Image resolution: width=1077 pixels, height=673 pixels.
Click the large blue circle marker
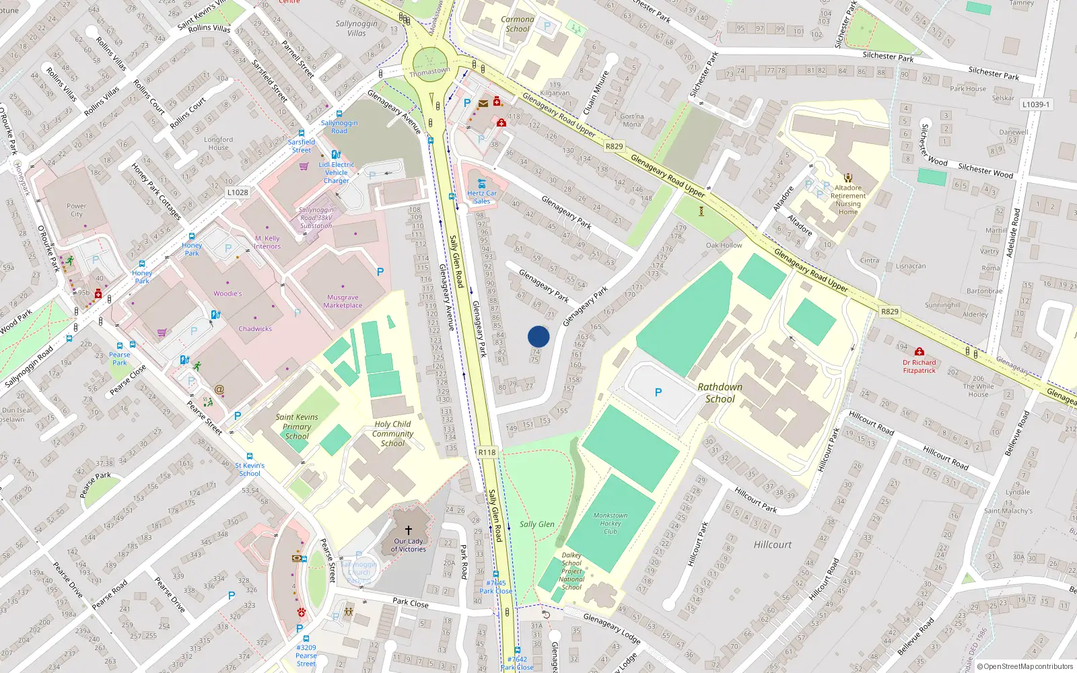(x=538, y=336)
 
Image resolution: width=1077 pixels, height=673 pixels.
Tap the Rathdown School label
(x=720, y=392)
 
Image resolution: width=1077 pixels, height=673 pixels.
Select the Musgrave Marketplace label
(x=343, y=302)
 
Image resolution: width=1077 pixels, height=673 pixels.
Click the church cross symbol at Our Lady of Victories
(x=408, y=530)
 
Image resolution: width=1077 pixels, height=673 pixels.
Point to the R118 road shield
(x=487, y=452)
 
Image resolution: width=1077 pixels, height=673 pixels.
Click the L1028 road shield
(x=238, y=192)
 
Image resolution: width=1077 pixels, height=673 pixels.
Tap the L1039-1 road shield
(x=1036, y=104)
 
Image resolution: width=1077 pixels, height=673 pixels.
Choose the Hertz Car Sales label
(x=482, y=197)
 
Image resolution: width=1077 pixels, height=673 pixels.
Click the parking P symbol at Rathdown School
(x=658, y=392)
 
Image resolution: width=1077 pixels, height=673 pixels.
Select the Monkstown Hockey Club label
(x=610, y=523)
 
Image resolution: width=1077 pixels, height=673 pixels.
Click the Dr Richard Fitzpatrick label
(x=919, y=366)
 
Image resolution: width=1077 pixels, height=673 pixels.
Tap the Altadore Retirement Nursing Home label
(x=848, y=200)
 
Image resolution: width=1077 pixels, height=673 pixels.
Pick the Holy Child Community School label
(x=392, y=433)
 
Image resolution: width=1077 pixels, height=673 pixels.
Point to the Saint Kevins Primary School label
(x=297, y=427)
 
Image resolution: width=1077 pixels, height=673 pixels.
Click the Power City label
(x=77, y=210)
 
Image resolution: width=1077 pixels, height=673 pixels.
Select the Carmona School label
(x=518, y=24)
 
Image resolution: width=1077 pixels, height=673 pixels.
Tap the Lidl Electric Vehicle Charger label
(x=337, y=172)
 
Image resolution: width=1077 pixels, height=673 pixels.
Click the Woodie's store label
(x=228, y=293)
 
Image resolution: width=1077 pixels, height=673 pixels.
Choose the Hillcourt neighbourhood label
(x=773, y=544)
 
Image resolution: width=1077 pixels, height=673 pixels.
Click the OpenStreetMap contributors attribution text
(x=1028, y=667)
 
